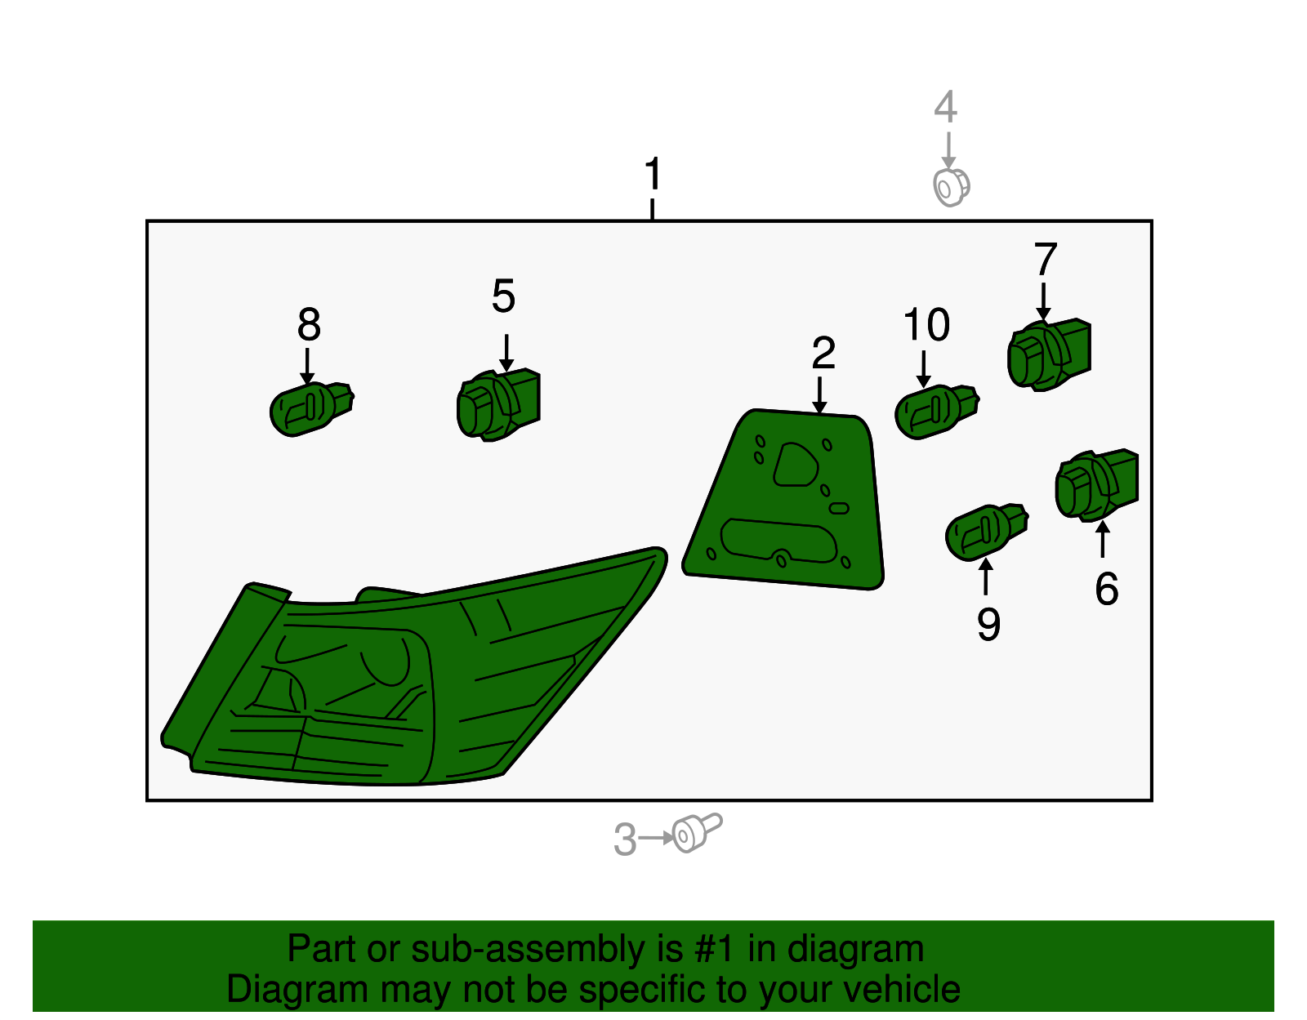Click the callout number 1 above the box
tap(653, 173)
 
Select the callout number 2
tap(823, 353)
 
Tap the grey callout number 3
tap(625, 839)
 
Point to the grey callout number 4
tap(945, 106)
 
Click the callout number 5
tap(503, 296)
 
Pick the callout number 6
tap(1107, 589)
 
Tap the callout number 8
tap(309, 323)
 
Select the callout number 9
tap(988, 624)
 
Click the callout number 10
tap(926, 324)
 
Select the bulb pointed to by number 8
tap(311, 408)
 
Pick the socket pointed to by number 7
tap(1049, 354)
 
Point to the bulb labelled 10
tap(937, 412)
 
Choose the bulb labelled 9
tap(987, 532)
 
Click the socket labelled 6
tap(1097, 485)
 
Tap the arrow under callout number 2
tap(819, 395)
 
